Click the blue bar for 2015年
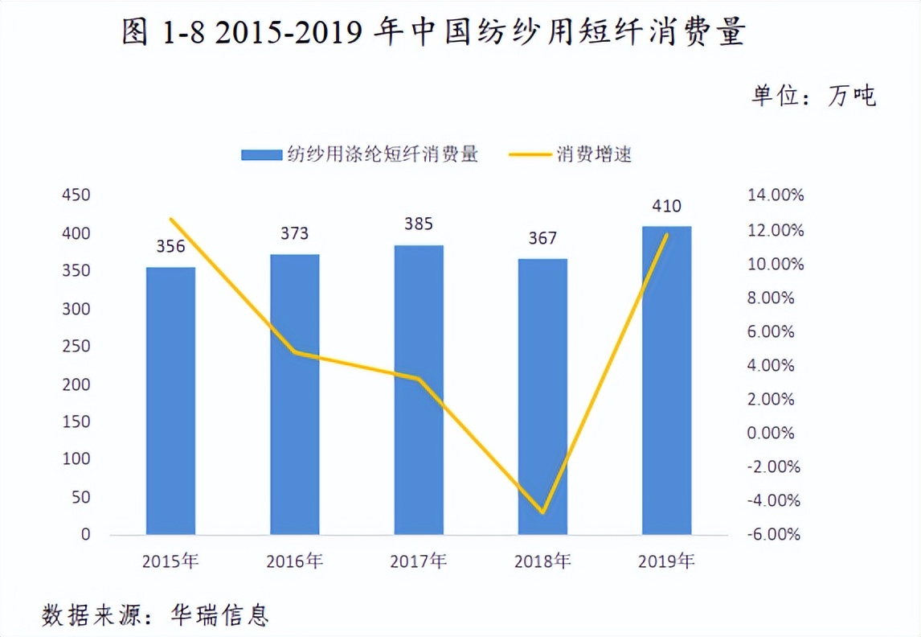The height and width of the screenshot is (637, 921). [x=170, y=401]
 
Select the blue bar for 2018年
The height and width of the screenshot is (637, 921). [x=542, y=397]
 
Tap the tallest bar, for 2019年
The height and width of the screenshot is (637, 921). [x=666, y=380]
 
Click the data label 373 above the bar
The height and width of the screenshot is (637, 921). [x=294, y=234]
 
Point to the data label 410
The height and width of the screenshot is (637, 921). [x=666, y=206]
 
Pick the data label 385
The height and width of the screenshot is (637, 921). [x=418, y=225]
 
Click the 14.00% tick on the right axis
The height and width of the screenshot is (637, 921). [x=775, y=195]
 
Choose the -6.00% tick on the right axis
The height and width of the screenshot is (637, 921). [x=775, y=535]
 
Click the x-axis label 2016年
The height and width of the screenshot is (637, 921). [x=294, y=561]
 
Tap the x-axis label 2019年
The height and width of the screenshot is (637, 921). [x=666, y=561]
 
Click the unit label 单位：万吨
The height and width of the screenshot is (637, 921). [x=813, y=96]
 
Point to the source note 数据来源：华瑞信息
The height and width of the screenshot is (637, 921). [x=155, y=615]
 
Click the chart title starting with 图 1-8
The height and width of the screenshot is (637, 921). [x=434, y=33]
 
